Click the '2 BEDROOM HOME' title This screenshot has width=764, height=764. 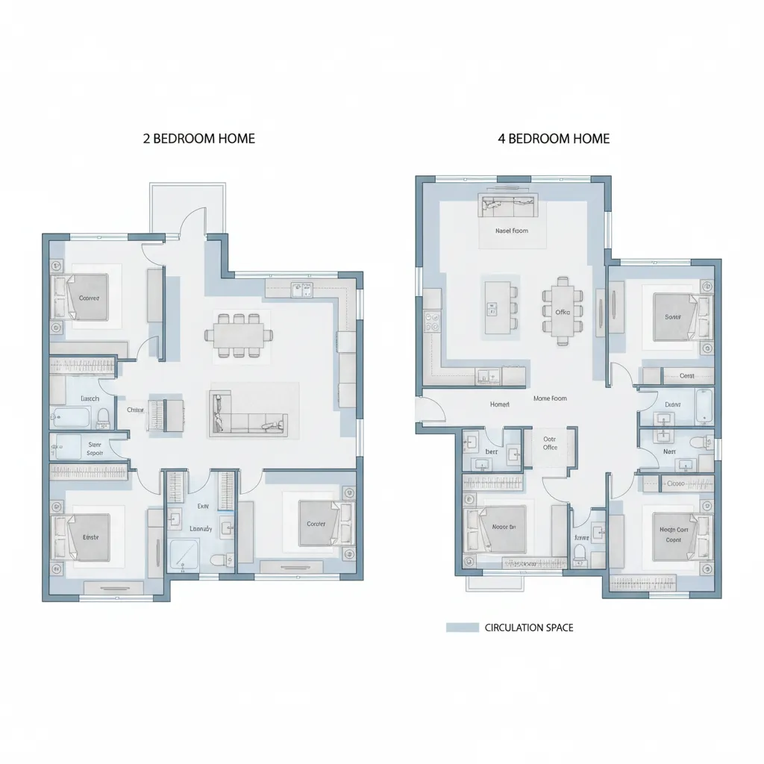198,139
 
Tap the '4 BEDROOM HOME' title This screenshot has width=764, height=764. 554,139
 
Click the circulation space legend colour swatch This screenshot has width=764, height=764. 462,627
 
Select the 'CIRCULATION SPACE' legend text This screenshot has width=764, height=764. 529,627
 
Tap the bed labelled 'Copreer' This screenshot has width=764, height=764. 87,298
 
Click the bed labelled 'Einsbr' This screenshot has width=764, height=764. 89,536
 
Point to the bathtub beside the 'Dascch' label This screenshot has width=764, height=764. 72,416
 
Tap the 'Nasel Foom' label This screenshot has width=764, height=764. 511,231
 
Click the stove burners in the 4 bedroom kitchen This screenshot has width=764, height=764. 432,322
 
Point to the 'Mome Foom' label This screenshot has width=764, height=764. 550,398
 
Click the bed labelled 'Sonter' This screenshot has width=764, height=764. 674,316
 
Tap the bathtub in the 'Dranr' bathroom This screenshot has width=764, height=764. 703,404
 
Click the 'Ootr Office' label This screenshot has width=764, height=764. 551,443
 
